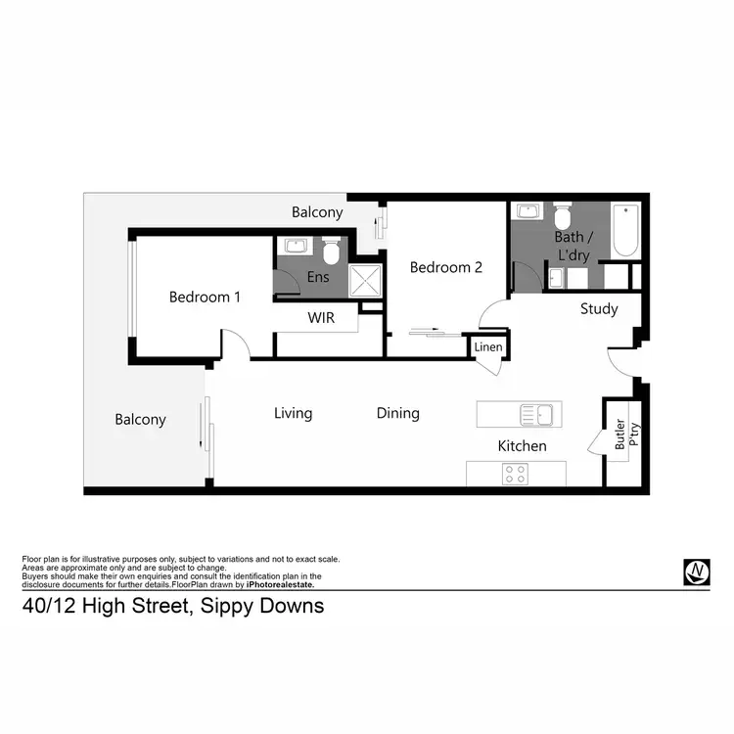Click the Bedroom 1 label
205,297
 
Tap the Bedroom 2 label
445,267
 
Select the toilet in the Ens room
331,252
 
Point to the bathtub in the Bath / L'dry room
625,230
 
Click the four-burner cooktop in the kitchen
515,474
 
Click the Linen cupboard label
487,347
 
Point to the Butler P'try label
622,434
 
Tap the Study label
599,309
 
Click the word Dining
398,413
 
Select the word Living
293,413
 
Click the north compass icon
696,573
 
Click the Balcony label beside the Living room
140,420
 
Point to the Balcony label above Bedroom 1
317,211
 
